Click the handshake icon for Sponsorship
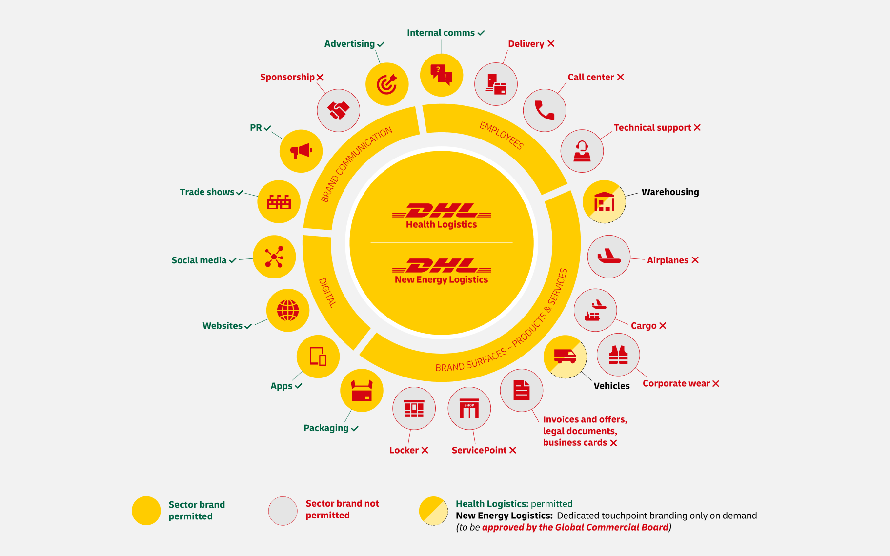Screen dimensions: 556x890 338,110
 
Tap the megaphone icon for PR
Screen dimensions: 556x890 301,151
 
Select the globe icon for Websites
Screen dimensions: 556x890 288,310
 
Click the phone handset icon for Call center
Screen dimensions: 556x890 545,110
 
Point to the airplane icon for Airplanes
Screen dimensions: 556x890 608,257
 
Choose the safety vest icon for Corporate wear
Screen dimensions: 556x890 618,355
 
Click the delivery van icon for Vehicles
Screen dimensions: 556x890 565,357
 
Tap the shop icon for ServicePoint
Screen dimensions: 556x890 469,408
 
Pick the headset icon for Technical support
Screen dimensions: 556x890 582,151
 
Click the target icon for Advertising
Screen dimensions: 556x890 387,84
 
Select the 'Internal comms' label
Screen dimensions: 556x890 441,33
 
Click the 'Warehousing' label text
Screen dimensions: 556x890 670,192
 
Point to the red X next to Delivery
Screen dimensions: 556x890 551,43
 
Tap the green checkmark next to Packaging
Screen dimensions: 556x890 355,428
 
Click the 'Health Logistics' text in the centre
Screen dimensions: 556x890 441,224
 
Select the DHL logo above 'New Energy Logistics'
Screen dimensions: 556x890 442,266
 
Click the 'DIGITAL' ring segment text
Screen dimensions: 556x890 327,293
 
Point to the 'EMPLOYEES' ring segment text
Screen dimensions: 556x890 501,135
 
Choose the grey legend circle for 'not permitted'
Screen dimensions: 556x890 283,511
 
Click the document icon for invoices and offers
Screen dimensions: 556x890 521,390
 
